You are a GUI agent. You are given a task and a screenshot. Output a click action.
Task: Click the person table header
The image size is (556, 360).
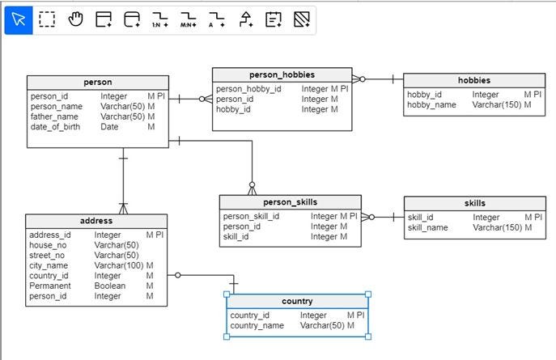(x=97, y=83)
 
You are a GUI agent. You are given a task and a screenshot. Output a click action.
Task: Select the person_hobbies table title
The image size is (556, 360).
(x=282, y=75)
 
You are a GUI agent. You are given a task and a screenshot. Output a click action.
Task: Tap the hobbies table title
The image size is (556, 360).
(x=473, y=81)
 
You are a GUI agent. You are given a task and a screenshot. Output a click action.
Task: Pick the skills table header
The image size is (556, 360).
(x=475, y=204)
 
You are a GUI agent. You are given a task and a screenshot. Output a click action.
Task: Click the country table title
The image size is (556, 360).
(x=297, y=302)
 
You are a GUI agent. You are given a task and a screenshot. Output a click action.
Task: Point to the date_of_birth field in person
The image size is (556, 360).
(x=55, y=127)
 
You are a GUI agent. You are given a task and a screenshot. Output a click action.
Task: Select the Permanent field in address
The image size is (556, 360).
(x=50, y=286)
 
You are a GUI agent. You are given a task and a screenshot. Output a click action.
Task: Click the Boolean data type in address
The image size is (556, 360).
(x=111, y=286)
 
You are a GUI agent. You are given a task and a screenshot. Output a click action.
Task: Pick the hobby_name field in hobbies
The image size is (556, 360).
(x=431, y=105)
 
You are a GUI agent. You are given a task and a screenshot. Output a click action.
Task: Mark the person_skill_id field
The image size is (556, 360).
(x=251, y=217)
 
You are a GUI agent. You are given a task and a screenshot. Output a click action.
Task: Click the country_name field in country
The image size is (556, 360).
(x=257, y=326)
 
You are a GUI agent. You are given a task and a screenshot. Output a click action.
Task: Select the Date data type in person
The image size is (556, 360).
(x=109, y=127)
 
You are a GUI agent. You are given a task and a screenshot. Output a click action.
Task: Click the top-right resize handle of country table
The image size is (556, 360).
(x=368, y=294)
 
